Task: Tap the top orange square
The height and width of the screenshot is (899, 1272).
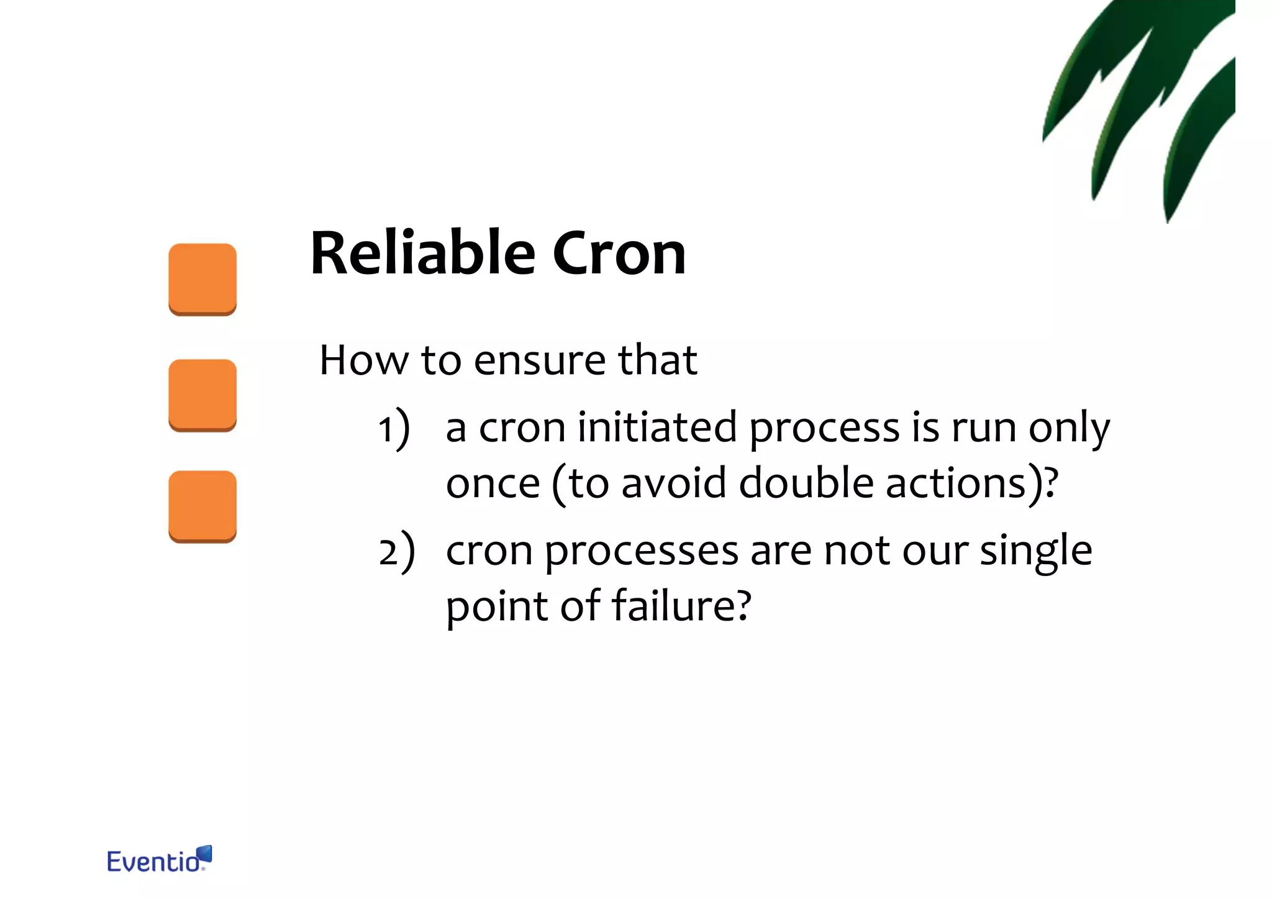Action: point(202,279)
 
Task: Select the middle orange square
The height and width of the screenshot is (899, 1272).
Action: point(202,395)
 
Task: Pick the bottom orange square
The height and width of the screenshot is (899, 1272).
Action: point(202,506)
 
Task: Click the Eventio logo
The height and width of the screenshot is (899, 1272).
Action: point(159,860)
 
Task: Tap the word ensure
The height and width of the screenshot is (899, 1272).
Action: point(539,360)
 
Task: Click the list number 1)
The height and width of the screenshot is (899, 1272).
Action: point(394,429)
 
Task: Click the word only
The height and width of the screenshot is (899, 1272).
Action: point(1068,429)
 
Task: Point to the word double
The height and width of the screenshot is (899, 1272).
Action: point(806,483)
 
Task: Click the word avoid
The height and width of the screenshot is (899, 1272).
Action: point(673,483)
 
